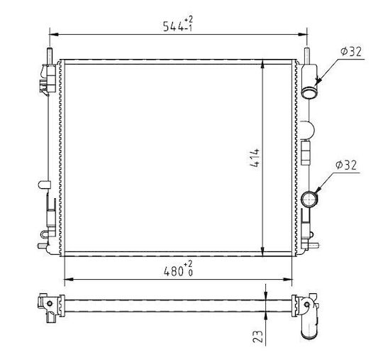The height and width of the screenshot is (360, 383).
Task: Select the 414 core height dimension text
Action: tap(255, 158)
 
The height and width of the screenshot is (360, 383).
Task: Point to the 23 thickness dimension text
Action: tap(258, 336)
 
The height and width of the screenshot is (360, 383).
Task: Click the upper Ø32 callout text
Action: tap(351, 52)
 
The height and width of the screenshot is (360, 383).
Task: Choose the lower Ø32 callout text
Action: tap(346, 165)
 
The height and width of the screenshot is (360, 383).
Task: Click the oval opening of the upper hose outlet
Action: tap(309, 94)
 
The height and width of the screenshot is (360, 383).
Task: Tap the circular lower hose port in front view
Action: tap(309, 199)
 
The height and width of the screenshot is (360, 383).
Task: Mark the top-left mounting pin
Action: tap(50, 56)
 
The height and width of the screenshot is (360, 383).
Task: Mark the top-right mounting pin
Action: tap(307, 56)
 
